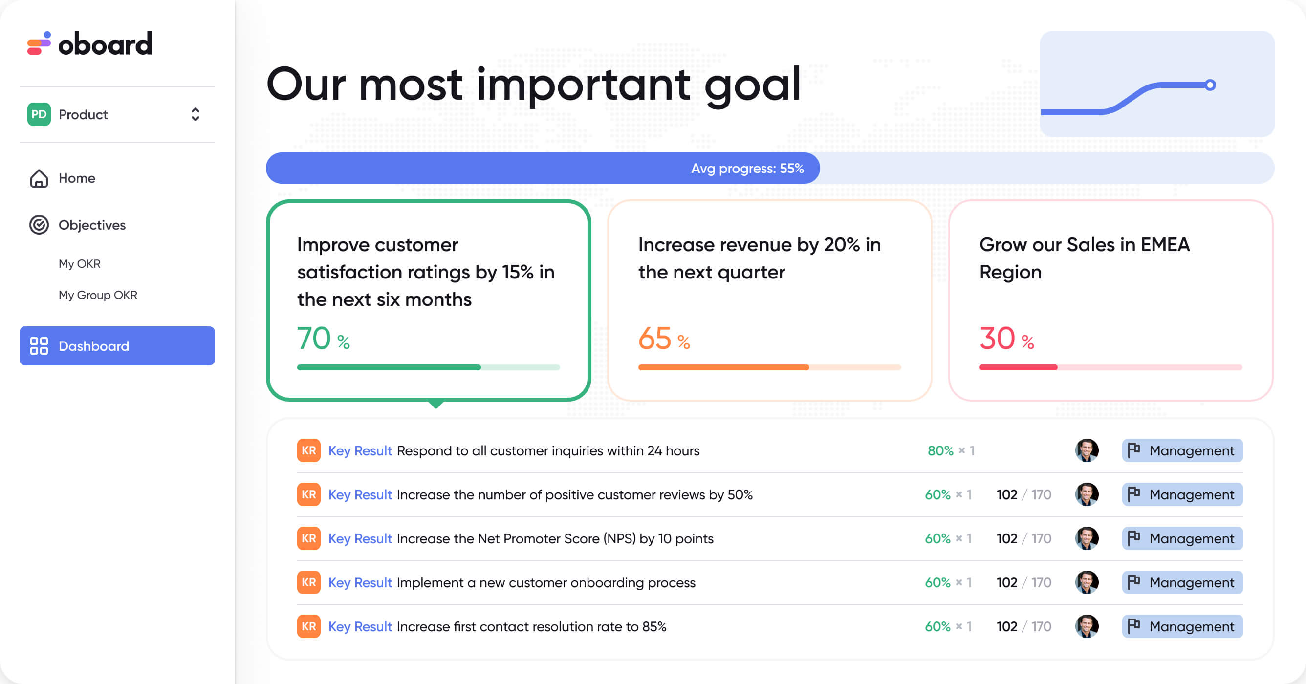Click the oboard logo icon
coord(39,43)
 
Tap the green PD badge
coord(39,114)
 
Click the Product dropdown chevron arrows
coord(195,114)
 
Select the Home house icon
coord(39,178)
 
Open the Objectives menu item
coord(92,225)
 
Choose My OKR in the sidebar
coord(80,264)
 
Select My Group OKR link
coord(98,295)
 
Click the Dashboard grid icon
coord(39,346)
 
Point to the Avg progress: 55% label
coord(747,169)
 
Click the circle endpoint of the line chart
coord(1210,85)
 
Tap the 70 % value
coord(324,339)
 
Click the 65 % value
coord(664,339)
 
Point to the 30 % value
coord(1007,339)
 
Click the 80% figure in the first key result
coord(940,450)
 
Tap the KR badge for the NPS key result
coord(309,538)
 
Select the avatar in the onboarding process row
coord(1087,583)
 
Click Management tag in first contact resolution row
coord(1182,627)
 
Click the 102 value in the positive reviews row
coord(1007,494)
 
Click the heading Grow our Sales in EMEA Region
coord(1085,258)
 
